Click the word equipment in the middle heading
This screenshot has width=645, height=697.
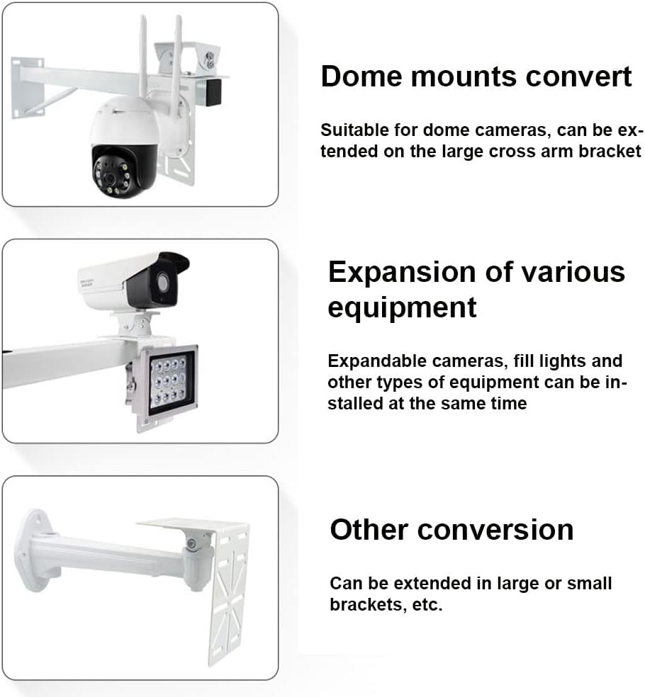point(402,308)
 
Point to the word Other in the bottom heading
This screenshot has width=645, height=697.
point(369,529)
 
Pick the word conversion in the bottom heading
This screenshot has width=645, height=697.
point(495,529)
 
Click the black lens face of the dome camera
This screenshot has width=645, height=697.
point(116,172)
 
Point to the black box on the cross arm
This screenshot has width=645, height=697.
point(211,93)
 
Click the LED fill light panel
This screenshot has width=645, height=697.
point(167,384)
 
